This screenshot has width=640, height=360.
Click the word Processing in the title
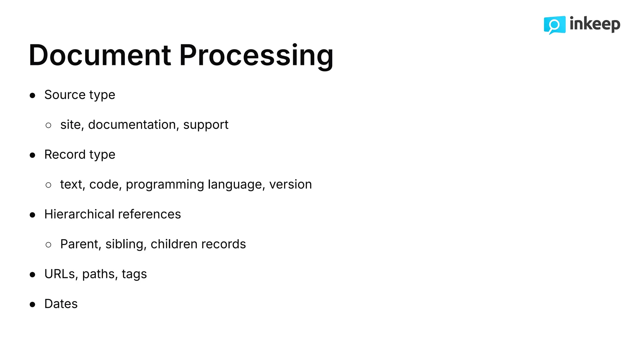(x=256, y=55)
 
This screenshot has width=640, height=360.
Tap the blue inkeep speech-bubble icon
(x=554, y=25)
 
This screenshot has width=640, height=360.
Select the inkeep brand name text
(x=595, y=24)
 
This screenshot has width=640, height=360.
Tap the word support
(x=206, y=125)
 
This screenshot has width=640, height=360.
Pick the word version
(x=290, y=184)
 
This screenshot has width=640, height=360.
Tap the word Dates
(x=61, y=304)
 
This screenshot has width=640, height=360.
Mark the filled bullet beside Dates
(x=32, y=304)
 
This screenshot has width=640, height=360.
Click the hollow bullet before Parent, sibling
(x=48, y=245)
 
